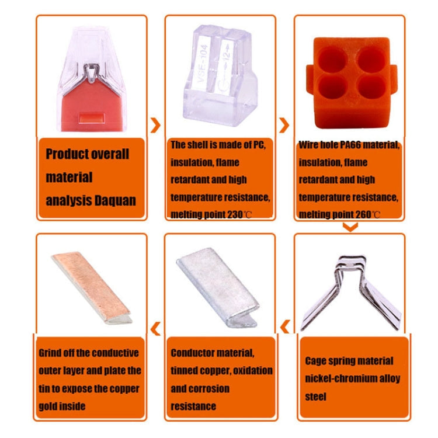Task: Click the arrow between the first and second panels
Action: coord(155,125)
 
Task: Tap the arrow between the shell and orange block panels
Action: coord(284,125)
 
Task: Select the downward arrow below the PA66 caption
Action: coord(349,227)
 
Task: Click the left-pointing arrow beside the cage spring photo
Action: coord(285,326)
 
